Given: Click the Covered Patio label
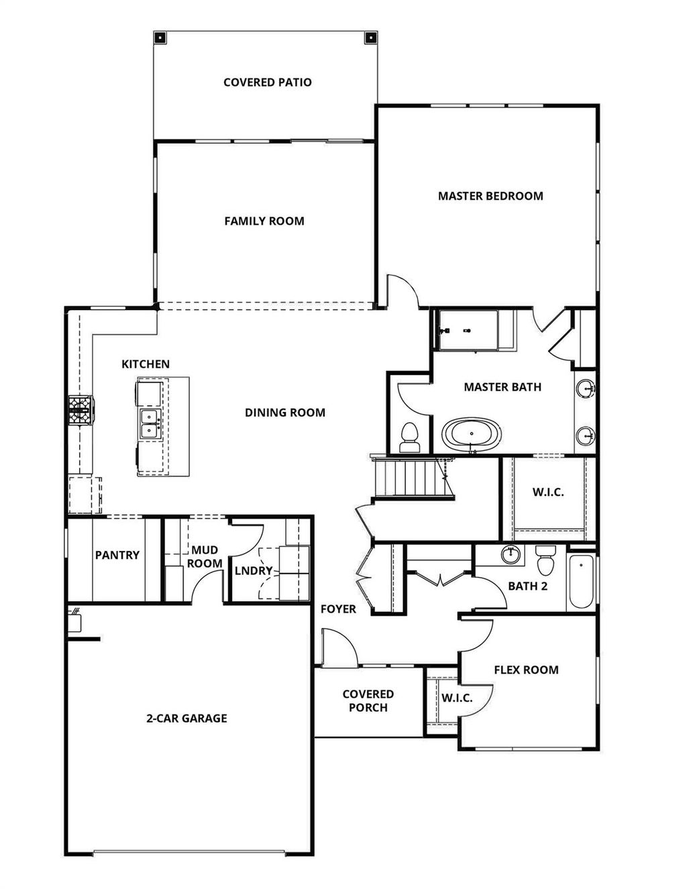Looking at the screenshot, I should click(x=267, y=82).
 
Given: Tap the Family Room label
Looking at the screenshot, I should click(x=264, y=221).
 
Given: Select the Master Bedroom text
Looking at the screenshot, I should click(x=490, y=196).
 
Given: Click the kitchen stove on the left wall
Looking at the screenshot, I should click(x=81, y=411).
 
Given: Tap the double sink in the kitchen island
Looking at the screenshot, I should click(x=149, y=424).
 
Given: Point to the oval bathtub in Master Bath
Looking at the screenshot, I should click(x=471, y=434).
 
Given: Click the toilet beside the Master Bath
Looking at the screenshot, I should click(x=409, y=437).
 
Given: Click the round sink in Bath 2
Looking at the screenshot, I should click(x=511, y=554).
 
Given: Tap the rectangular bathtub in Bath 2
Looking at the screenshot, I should click(x=581, y=581).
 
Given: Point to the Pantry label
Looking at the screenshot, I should click(x=117, y=555).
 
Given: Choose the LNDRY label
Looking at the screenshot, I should click(x=254, y=571).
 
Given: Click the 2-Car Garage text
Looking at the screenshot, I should click(x=187, y=718).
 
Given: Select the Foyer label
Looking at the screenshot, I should click(x=338, y=609).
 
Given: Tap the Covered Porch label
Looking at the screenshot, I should click(x=368, y=700).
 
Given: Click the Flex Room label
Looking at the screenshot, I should click(x=526, y=670).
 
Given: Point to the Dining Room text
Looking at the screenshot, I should click(x=284, y=413).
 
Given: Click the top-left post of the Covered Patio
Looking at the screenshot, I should click(x=160, y=38).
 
